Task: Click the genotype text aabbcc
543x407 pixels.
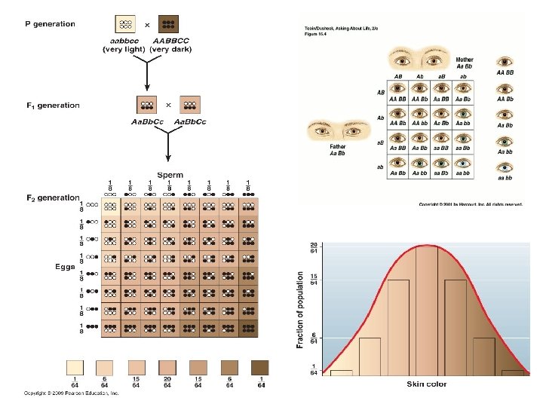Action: click(x=123, y=41)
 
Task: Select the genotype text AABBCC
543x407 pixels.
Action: click(x=170, y=41)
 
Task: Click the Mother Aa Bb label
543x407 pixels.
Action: click(x=465, y=62)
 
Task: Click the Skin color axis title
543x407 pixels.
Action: click(x=427, y=384)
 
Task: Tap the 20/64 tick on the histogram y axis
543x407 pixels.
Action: click(x=313, y=247)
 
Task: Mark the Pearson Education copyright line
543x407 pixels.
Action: click(x=71, y=393)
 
